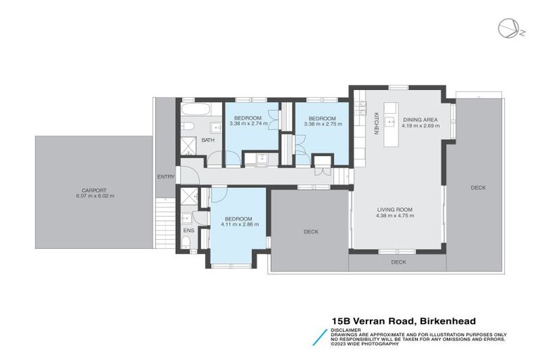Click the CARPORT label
pyautogui.click(x=93, y=190)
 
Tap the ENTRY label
pyautogui.click(x=165, y=176)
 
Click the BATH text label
pyautogui.click(x=208, y=140)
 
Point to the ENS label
pyautogui.click(x=188, y=230)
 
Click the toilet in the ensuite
pyautogui.click(x=186, y=244)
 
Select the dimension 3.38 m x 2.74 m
pyautogui.click(x=248, y=124)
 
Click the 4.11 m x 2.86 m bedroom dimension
pyautogui.click(x=240, y=224)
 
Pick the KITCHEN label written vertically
pyautogui.click(x=376, y=123)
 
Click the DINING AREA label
pyautogui.click(x=420, y=120)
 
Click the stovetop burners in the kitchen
pyautogui.click(x=361, y=108)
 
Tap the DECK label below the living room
pyautogui.click(x=399, y=262)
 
